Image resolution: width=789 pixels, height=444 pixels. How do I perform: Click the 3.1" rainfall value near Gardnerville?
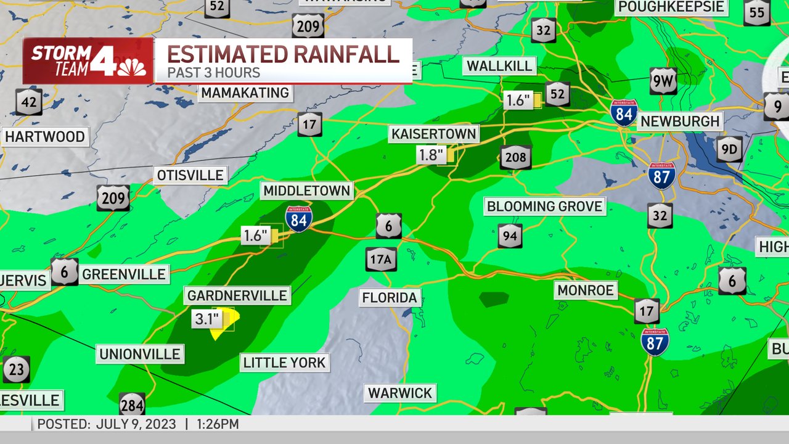(206, 319)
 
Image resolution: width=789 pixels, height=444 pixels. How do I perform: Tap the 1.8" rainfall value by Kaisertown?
(431, 155)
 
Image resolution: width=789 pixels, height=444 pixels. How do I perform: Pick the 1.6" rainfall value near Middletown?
(255, 236)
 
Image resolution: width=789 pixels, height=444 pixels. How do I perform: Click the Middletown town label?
(307, 191)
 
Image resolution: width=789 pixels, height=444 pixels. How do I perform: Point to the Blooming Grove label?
(544, 206)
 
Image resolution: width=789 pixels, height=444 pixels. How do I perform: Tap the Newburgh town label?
(680, 121)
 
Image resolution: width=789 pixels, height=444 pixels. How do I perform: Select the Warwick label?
(400, 393)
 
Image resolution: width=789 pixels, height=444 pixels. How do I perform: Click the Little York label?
(284, 362)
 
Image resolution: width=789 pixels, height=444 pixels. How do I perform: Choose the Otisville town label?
(190, 175)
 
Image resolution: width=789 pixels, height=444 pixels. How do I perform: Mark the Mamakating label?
(245, 92)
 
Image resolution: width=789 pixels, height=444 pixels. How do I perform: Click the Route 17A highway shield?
(380, 260)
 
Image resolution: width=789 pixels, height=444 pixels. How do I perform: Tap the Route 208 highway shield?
(515, 158)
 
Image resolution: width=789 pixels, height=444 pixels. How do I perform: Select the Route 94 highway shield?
(510, 236)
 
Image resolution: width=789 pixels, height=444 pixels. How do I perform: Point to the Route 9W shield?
(663, 81)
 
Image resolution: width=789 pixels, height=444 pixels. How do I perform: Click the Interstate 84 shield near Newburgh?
(624, 113)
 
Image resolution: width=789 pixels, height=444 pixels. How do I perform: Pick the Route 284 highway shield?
(132, 405)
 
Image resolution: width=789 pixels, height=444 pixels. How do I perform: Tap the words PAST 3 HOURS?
(213, 73)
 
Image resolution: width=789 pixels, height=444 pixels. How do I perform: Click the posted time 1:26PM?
(218, 424)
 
